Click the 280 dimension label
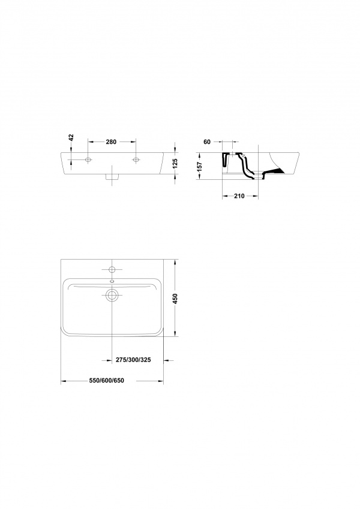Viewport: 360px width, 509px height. click(111, 141)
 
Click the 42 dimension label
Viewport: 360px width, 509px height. click(71, 138)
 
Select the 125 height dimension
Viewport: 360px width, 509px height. click(175, 163)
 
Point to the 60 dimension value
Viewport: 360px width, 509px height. click(207, 141)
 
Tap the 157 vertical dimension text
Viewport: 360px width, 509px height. click(200, 167)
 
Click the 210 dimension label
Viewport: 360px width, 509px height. click(239, 195)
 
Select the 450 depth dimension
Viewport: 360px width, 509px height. click(175, 299)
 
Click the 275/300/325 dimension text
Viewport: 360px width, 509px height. click(133, 360)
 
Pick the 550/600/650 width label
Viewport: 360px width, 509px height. click(107, 381)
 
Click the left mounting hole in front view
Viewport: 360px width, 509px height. click(88, 159)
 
